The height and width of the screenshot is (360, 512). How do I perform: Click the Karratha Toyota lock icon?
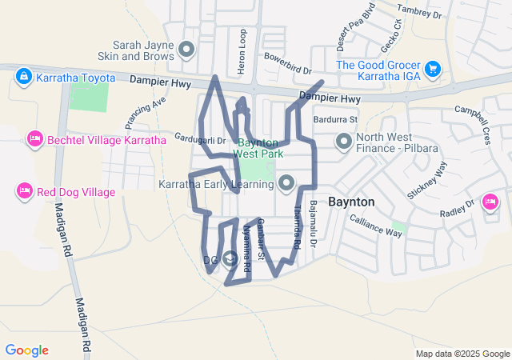click(23, 77)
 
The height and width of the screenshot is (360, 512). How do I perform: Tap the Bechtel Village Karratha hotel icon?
click(34, 139)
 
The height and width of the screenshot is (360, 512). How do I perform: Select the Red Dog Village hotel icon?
click(23, 191)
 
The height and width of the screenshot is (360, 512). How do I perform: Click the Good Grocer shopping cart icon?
click(433, 69)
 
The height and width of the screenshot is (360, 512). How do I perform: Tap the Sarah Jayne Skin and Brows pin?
click(187, 50)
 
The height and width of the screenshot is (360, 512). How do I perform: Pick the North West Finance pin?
click(344, 142)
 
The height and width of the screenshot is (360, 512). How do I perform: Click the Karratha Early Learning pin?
click(286, 185)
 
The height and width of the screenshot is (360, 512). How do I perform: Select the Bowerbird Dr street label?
click(287, 64)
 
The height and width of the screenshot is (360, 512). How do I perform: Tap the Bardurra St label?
click(335, 119)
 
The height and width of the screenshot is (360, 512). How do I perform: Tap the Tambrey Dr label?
click(424, 11)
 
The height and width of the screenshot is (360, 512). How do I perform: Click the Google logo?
click(26, 350)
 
